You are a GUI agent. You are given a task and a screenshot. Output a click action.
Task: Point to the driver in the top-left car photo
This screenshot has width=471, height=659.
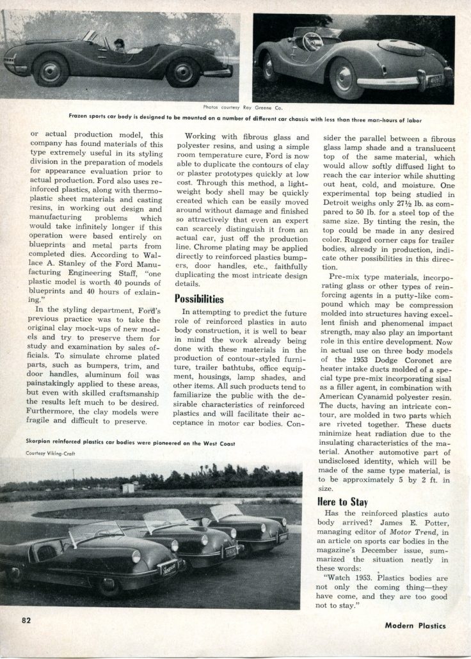[118, 45]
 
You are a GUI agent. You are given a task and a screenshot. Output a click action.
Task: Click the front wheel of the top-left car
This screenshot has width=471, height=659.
[50, 69]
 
